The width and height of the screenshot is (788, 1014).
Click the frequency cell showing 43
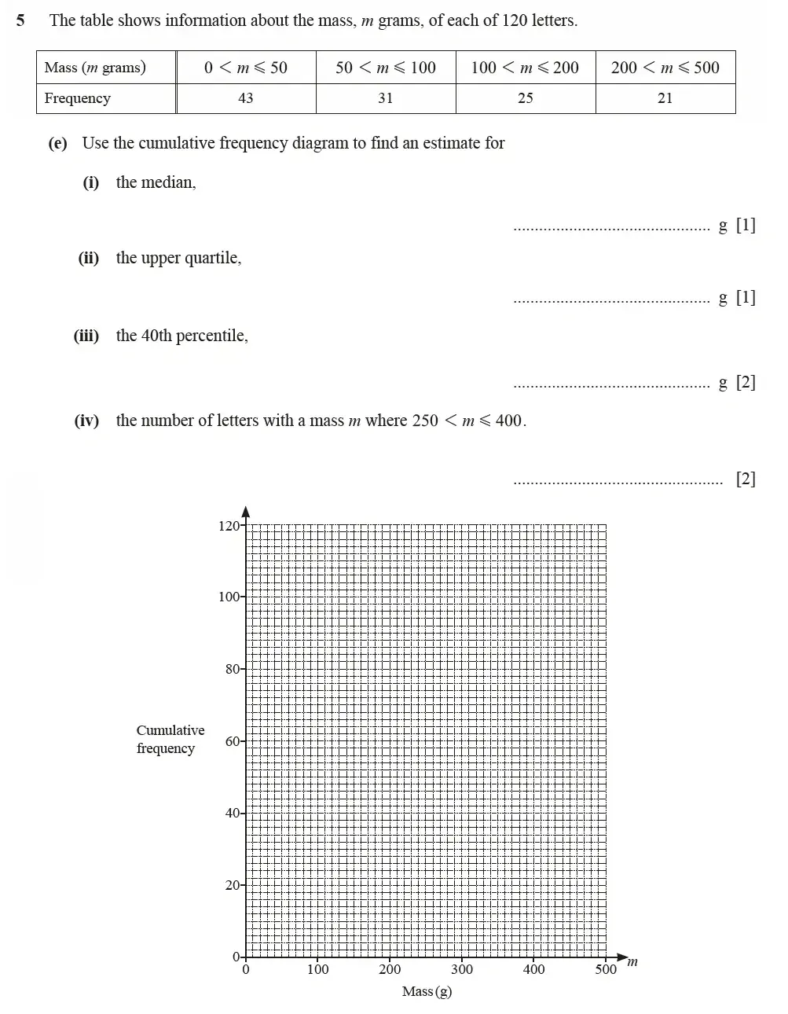[246, 98]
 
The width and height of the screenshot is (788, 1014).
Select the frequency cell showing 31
[385, 98]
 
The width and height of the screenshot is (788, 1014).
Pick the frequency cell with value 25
[525, 98]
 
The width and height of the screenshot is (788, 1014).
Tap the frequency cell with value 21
[665, 98]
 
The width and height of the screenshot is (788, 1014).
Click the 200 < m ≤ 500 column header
[665, 68]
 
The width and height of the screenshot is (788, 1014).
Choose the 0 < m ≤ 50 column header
[246, 68]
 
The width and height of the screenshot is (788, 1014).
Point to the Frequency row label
[77, 98]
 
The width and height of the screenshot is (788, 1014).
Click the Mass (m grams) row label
[95, 68]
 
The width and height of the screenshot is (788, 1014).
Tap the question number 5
[20, 20]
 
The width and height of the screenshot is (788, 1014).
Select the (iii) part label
[86, 336]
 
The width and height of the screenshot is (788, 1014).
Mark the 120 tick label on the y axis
[229, 526]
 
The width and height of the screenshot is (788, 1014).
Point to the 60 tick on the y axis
[233, 741]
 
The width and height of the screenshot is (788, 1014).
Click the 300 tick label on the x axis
[462, 969]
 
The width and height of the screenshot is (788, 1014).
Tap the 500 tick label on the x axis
[606, 969]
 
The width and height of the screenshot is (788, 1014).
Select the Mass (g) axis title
[427, 991]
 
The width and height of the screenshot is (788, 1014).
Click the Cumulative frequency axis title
[170, 739]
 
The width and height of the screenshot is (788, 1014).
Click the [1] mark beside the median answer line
[746, 226]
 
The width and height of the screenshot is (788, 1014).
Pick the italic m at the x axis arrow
[632, 961]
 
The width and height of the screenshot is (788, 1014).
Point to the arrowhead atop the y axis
[245, 511]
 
